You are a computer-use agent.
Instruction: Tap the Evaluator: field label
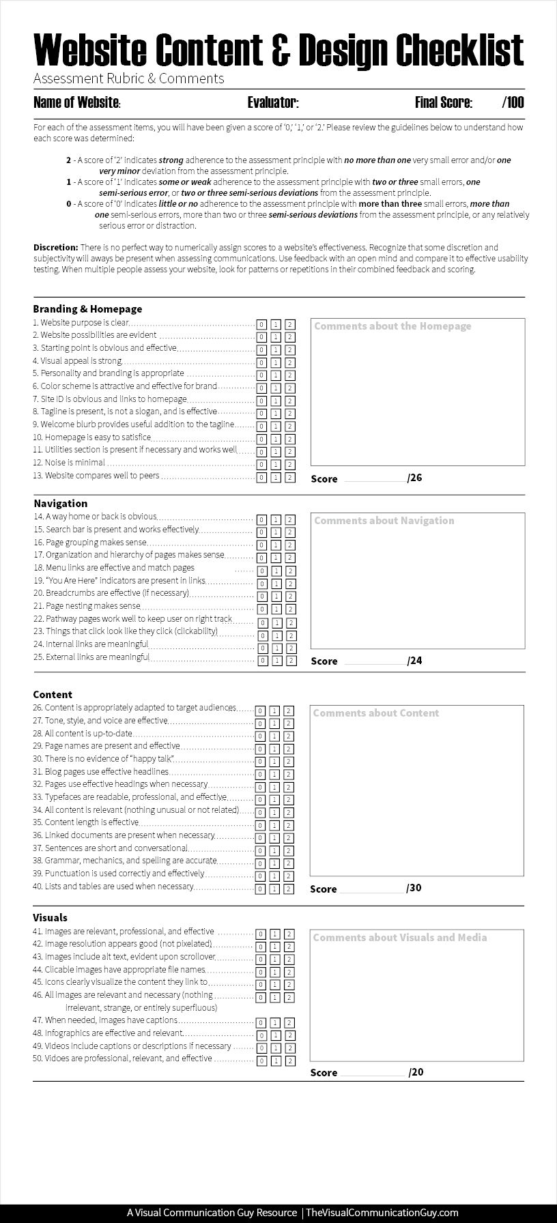(273, 102)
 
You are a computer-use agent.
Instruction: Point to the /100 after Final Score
(513, 102)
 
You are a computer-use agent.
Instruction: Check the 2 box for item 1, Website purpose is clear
(290, 324)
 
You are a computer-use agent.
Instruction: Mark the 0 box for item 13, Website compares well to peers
(261, 478)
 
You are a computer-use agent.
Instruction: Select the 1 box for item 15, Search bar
(276, 532)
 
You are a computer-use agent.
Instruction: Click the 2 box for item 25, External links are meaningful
(291, 661)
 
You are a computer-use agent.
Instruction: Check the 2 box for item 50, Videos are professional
(290, 1061)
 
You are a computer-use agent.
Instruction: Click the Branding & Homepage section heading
(87, 308)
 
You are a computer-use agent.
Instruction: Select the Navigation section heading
(61, 503)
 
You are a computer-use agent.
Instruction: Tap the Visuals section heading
(50, 917)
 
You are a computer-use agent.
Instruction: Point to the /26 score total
(415, 478)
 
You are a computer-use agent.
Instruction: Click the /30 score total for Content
(414, 888)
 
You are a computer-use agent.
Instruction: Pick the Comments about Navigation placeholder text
(384, 521)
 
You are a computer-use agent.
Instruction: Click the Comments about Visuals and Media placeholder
(400, 938)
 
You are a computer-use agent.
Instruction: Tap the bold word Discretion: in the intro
(55, 247)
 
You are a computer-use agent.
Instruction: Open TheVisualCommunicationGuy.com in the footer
(382, 1212)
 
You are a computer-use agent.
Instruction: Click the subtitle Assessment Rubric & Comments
(128, 78)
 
